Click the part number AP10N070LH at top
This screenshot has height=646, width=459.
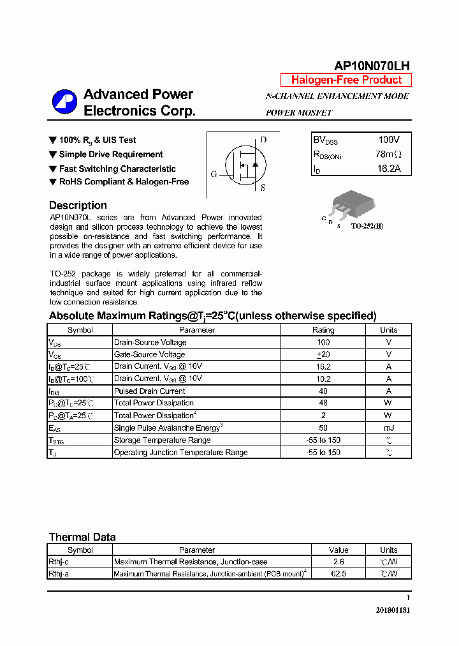coord(372,66)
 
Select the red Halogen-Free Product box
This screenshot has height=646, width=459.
coord(346,80)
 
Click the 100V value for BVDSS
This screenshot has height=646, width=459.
coord(388,140)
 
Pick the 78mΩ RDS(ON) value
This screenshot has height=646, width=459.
coord(388,154)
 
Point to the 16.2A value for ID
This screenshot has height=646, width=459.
coord(388,169)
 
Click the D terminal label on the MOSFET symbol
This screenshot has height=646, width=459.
coord(263,140)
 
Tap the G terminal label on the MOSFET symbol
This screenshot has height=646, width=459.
coord(214,174)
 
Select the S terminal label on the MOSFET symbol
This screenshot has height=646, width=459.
coord(263,188)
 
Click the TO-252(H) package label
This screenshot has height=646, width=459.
coord(367,226)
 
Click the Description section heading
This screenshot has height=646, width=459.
coord(78,206)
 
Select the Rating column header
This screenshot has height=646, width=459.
coord(323,330)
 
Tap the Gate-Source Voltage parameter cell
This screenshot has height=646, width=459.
coord(149,354)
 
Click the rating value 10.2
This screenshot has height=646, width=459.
coord(323,379)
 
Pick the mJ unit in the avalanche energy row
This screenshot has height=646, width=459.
coord(388,428)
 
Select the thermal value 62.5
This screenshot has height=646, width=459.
coord(339,574)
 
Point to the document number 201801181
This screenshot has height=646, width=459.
coord(393,610)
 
